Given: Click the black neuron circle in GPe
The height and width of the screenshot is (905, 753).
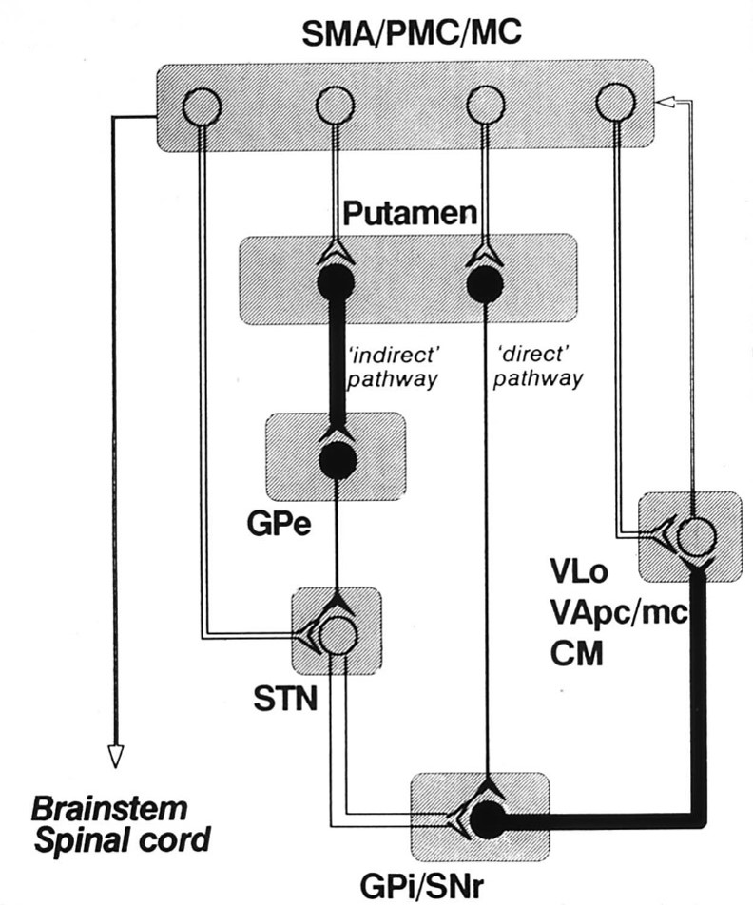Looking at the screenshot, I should [x=337, y=461].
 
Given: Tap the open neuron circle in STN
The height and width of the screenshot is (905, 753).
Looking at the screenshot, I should [x=338, y=634].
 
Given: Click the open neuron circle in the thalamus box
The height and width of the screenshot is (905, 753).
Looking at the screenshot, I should [x=695, y=537].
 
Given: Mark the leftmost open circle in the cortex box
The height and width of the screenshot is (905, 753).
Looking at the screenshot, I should [x=202, y=104].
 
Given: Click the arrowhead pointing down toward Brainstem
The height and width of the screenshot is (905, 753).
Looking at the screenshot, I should [x=115, y=755].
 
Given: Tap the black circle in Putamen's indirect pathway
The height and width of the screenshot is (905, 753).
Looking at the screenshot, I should [x=335, y=282].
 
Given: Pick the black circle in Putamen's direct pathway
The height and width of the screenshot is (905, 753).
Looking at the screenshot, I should [x=485, y=282].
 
